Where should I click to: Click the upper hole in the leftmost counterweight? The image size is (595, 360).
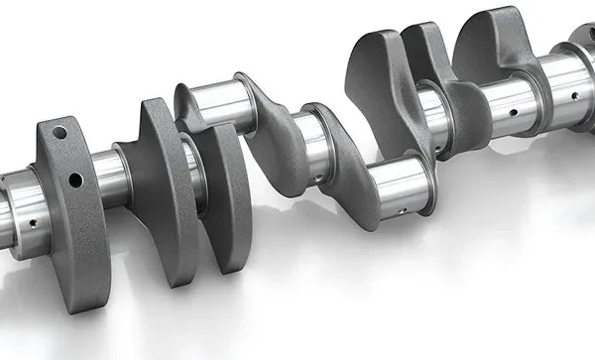(59, 133)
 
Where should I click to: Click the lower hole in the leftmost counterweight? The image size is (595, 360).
(74, 180)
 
